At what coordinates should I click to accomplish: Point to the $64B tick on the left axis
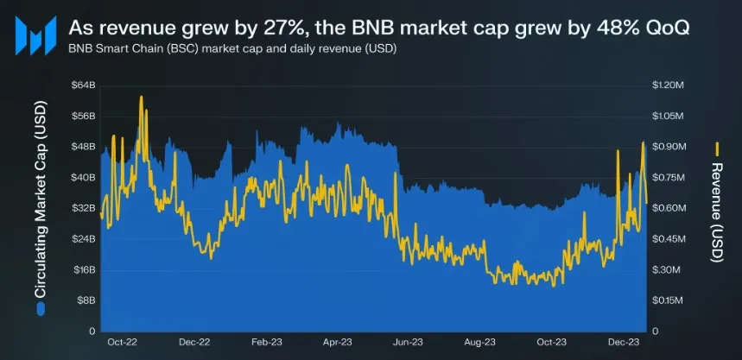[82, 85]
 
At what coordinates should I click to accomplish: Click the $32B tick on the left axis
[82, 208]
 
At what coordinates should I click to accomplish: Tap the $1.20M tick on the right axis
[667, 85]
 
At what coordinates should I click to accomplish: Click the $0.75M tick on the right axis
[667, 178]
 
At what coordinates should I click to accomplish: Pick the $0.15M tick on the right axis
[667, 300]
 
